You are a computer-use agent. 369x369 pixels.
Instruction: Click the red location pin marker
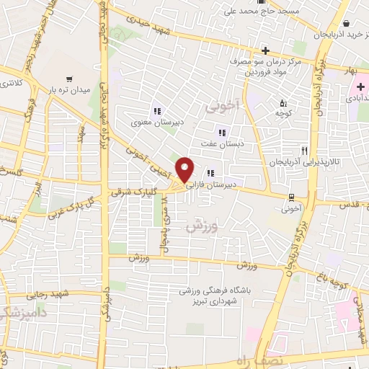[x=186, y=170]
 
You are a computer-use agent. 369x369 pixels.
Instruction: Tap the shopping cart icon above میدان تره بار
[x=69, y=79]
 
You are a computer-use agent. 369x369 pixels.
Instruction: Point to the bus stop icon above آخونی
[x=290, y=197]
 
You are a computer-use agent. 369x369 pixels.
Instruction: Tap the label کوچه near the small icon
[x=283, y=113]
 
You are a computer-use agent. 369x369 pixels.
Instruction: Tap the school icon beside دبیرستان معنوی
[x=156, y=111]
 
